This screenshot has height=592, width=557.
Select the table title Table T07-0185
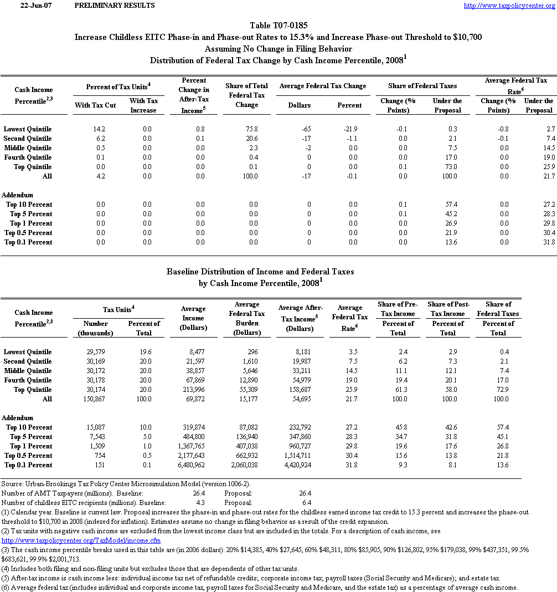click(278, 25)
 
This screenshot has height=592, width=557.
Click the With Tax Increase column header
click(144, 105)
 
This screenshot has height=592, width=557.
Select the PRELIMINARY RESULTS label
click(114, 6)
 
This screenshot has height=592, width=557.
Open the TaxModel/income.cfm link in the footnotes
click(81, 540)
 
